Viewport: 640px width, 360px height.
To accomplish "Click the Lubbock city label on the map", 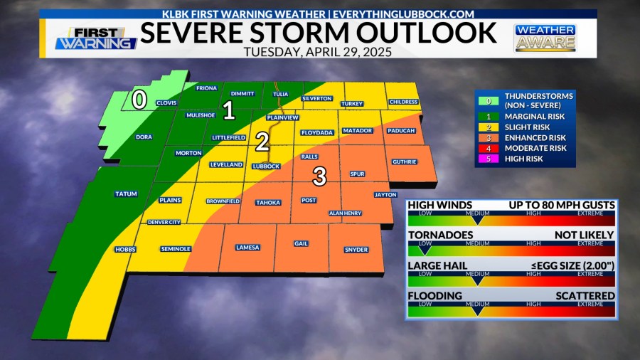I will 266,166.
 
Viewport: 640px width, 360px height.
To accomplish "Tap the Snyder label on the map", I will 356,249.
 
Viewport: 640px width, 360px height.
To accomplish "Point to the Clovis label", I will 166,102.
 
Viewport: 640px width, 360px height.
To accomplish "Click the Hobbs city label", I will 125,249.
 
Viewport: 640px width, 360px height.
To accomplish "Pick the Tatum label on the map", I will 125,194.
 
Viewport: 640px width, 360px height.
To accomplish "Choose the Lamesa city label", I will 247,248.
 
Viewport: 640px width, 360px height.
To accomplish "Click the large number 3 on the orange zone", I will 320,176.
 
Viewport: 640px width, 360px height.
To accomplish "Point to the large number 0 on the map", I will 140,101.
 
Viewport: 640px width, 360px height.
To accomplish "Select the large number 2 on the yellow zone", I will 262,142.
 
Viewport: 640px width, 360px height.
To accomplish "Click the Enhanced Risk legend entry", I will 535,137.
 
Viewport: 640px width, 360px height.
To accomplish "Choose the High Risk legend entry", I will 523,159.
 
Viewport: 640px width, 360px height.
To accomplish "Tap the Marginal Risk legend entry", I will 534,116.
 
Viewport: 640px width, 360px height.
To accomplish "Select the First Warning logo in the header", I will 96,38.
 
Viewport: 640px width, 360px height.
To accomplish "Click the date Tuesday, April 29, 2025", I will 318,51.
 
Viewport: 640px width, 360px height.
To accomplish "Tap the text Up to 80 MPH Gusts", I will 562,205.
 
